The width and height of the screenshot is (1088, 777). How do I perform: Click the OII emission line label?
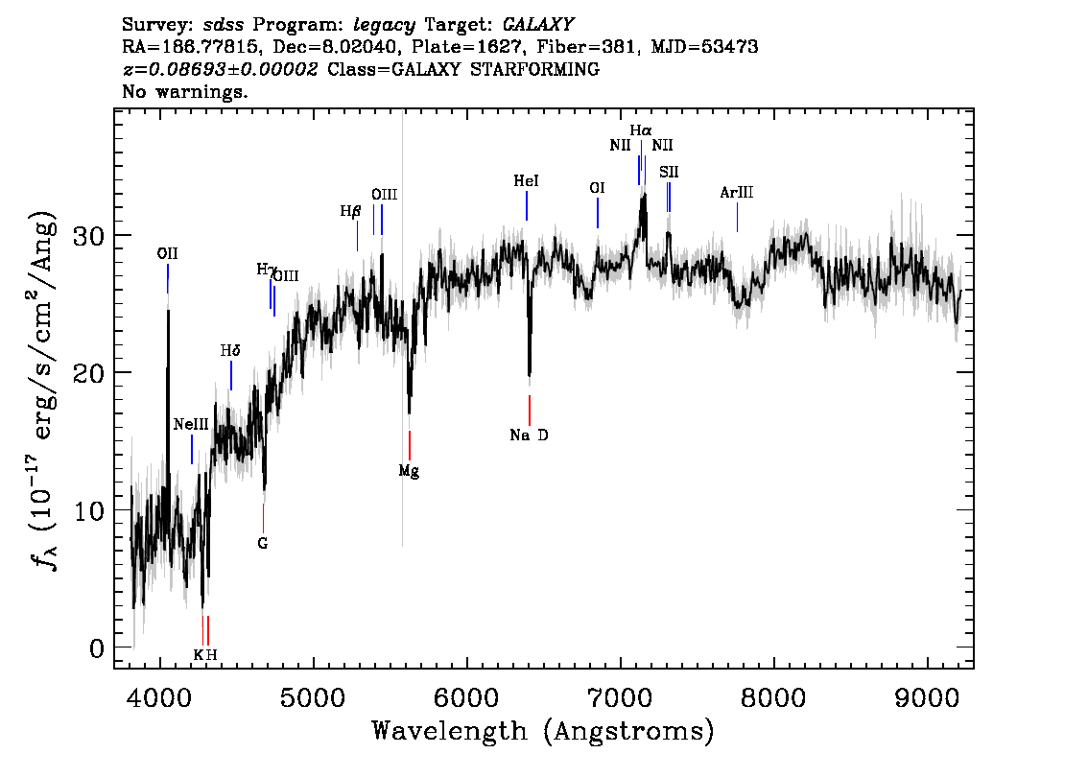point(167,253)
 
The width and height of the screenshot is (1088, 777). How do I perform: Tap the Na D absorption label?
point(529,435)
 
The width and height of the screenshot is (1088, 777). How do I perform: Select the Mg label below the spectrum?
point(409,472)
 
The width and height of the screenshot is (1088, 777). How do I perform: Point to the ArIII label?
point(736,192)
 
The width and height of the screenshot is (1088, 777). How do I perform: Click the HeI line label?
point(526,181)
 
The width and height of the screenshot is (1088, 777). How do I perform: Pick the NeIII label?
point(191,424)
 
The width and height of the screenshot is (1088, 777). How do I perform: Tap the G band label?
point(262,543)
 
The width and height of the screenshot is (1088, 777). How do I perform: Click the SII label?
point(669,172)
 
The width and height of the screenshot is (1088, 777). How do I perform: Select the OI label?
point(597,188)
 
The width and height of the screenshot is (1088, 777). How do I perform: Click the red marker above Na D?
point(530,410)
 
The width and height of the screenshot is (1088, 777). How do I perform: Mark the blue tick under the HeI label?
point(527,205)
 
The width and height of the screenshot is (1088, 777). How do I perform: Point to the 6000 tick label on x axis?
point(466,698)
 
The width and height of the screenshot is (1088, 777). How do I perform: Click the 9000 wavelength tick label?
point(926,698)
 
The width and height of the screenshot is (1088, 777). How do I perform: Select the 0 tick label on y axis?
point(97,648)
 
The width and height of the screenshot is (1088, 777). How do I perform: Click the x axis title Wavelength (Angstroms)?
point(543,732)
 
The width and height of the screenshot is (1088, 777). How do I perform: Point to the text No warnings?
point(184,91)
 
